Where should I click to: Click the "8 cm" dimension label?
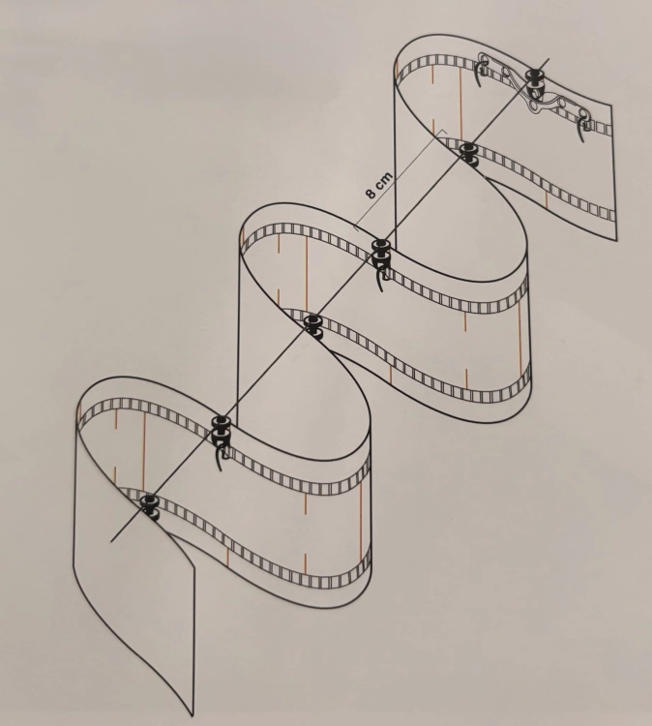pyautogui.click(x=379, y=185)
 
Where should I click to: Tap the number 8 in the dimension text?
pyautogui.click(x=371, y=193)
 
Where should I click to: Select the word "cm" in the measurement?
pyautogui.click(x=384, y=180)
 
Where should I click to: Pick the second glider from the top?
pyautogui.click(x=470, y=153)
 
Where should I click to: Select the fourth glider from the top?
pyautogui.click(x=313, y=324)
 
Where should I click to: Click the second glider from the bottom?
pyautogui.click(x=221, y=429)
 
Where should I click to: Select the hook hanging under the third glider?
pyautogui.click(x=381, y=276)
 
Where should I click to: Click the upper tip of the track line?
pyautogui.click(x=549, y=59)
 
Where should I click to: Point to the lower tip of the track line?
pyautogui.click(x=111, y=541)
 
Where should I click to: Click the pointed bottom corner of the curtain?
pyautogui.click(x=192, y=715)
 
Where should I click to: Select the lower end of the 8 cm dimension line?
pyautogui.click(x=355, y=227)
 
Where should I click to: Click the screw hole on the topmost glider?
pyautogui.click(x=536, y=91)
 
